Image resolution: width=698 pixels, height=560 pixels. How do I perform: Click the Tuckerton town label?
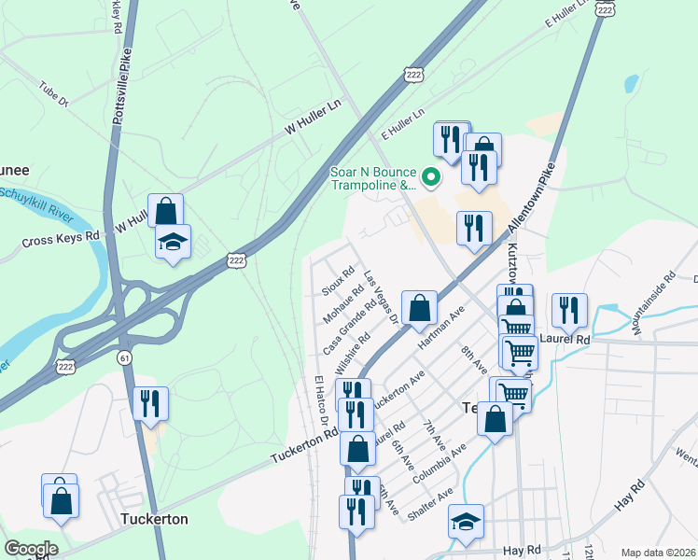coord(154,519)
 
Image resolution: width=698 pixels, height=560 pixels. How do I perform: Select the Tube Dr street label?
coord(53,95)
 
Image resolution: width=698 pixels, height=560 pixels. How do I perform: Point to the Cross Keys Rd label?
coord(60,239)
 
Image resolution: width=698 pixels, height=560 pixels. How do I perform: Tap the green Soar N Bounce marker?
coord(430,175)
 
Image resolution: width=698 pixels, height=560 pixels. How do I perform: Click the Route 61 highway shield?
coord(124,357)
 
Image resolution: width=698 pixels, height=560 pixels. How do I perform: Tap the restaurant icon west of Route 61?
coord(150,403)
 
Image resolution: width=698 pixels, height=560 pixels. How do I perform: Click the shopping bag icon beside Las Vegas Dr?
coord(420,308)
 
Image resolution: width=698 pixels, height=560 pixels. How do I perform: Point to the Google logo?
coord(31,549)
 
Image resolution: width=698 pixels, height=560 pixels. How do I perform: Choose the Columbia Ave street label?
coord(445,461)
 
